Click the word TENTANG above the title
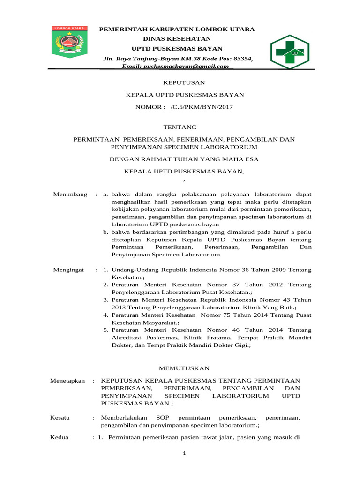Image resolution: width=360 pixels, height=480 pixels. point(180,127)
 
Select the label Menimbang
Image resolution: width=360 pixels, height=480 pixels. point(70,194)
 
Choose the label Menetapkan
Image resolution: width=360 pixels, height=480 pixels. point(67,381)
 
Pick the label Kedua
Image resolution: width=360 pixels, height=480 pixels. point(59,437)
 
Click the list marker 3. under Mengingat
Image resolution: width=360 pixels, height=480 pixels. point(106,300)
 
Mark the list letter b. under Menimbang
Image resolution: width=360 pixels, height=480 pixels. point(106,232)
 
